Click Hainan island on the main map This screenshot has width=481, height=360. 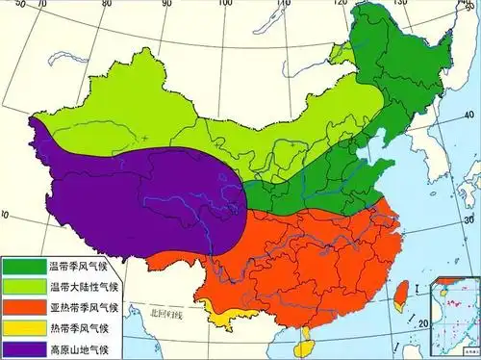pos(304,337)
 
